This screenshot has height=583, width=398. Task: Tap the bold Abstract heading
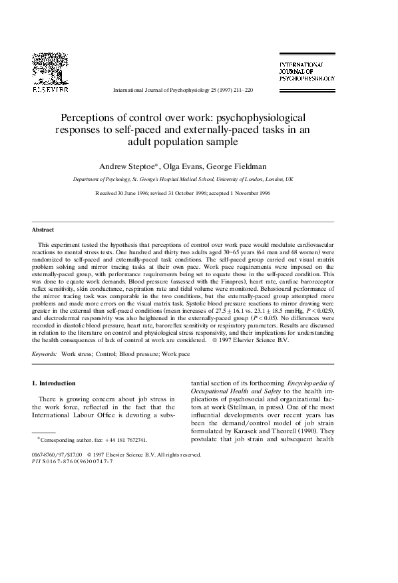[x=43, y=230]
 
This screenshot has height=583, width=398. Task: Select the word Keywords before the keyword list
[x=45, y=354]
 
